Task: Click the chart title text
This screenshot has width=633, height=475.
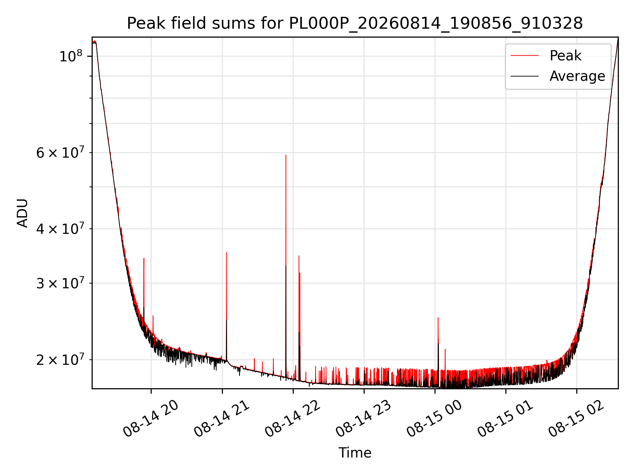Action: point(355,23)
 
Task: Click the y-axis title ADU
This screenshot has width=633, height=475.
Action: point(22,213)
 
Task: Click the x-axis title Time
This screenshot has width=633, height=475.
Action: point(355,453)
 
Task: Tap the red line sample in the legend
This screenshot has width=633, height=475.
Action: point(525,56)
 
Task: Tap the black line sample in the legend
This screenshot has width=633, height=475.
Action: point(525,76)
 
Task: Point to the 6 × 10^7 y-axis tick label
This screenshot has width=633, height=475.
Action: point(60,152)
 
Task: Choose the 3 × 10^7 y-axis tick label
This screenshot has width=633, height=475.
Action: point(60,283)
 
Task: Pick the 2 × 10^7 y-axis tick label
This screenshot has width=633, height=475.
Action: point(60,359)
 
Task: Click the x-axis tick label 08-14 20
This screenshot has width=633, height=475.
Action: point(151,419)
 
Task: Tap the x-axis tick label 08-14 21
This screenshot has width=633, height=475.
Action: point(222,419)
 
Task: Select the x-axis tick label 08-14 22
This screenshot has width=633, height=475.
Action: point(293,419)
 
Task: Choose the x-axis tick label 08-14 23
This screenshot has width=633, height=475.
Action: point(364,419)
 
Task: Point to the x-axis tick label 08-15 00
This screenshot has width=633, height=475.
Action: point(435,419)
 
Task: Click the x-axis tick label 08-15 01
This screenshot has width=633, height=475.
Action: point(505,419)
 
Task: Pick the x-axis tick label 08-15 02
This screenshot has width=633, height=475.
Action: point(576,419)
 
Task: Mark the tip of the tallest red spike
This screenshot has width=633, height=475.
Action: point(286,155)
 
